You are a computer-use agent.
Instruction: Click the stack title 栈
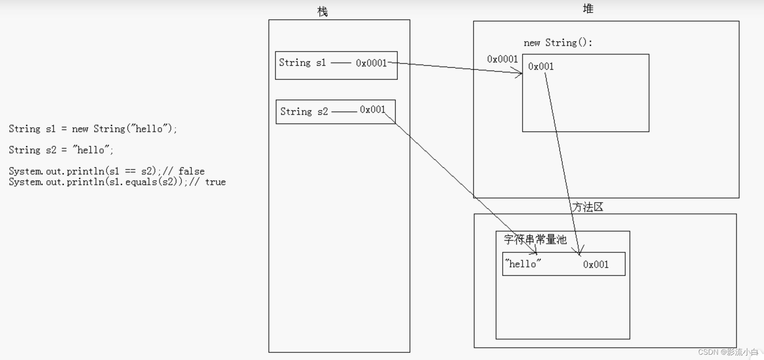322,12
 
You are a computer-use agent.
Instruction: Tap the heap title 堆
588,9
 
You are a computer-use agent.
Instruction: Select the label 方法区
587,207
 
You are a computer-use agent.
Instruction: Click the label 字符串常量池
535,240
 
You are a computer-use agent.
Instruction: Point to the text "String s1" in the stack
302,63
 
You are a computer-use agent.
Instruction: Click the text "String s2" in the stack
304,111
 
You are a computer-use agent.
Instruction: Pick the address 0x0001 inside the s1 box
371,63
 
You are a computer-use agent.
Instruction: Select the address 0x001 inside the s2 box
372,110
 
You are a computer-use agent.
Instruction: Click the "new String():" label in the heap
558,43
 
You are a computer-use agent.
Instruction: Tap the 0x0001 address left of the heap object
502,59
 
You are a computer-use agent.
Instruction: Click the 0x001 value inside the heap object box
541,67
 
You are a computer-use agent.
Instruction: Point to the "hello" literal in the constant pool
523,264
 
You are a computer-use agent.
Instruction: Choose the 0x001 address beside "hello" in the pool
595,265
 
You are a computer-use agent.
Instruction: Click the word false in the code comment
191,171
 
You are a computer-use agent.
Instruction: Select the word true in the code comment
215,182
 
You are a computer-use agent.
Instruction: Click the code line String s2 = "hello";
61,150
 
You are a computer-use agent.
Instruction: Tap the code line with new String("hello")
93,129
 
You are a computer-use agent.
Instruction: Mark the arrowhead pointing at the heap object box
519,73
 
